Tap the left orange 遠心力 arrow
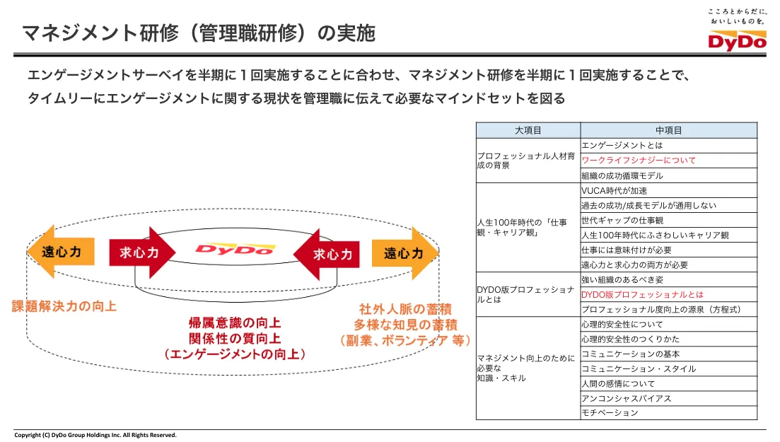[x=60, y=252]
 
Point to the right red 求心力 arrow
[x=327, y=253]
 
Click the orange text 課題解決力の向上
[x=64, y=306]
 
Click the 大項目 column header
[x=528, y=130]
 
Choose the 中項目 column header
[x=668, y=130]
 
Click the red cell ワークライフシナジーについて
[x=639, y=160]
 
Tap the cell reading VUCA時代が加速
[x=615, y=190]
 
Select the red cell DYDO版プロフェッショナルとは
[x=642, y=294]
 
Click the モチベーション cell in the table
[x=610, y=413]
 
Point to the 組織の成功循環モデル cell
[x=622, y=175]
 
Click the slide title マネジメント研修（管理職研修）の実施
[x=199, y=33]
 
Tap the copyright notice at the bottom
[x=95, y=435]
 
